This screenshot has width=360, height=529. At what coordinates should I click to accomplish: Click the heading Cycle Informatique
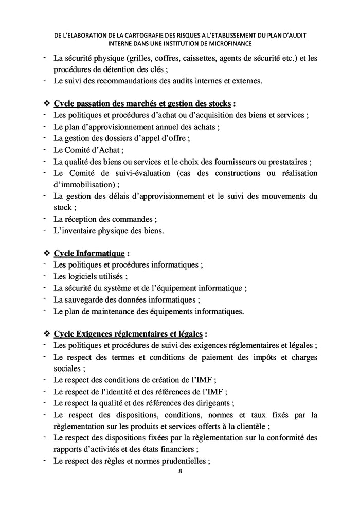tap(89, 253)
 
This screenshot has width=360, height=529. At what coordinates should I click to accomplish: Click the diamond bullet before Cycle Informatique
tap(47, 253)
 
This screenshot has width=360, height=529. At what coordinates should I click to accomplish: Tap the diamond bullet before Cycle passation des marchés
tap(47, 103)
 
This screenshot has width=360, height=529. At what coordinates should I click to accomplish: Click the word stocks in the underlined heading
tap(218, 103)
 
